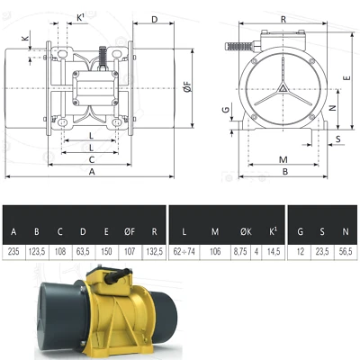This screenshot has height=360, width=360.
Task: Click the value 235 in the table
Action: [x=13, y=253]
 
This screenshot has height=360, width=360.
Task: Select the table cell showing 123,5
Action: [x=37, y=253]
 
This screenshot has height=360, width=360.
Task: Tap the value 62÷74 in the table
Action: [x=184, y=253]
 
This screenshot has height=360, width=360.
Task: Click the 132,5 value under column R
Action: [x=154, y=253]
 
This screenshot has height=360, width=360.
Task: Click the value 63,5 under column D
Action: [x=83, y=253]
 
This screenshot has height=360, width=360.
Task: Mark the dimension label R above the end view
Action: [x=283, y=17]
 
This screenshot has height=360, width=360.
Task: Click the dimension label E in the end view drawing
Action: [x=347, y=77]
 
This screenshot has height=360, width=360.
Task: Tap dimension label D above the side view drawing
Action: [x=154, y=18]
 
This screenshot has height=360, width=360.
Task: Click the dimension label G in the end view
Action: [x=226, y=111]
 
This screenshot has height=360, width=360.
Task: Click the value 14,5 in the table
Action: [x=271, y=253]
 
